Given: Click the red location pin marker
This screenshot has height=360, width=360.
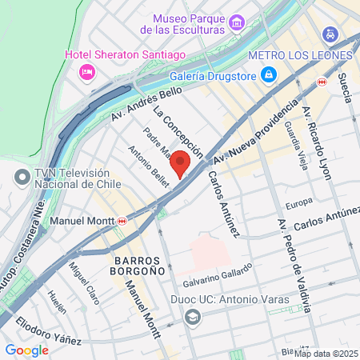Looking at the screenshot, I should [181, 162].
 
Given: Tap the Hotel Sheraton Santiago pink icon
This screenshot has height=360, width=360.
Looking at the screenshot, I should [87, 72].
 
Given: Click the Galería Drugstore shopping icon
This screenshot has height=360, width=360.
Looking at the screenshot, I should [270, 75].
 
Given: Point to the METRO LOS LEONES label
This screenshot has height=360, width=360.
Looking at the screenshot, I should [300, 55].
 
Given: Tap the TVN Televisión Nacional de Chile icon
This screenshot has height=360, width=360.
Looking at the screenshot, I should [21, 175].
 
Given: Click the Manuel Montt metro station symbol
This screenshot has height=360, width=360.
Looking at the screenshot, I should [122, 220].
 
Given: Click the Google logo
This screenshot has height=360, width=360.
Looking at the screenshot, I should [26, 350].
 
